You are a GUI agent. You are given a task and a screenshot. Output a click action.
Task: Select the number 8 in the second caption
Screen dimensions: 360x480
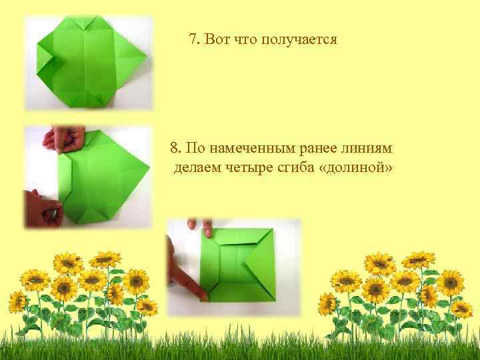(x=174, y=147)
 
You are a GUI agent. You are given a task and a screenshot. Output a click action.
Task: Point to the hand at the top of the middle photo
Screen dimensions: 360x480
(x=63, y=139)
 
